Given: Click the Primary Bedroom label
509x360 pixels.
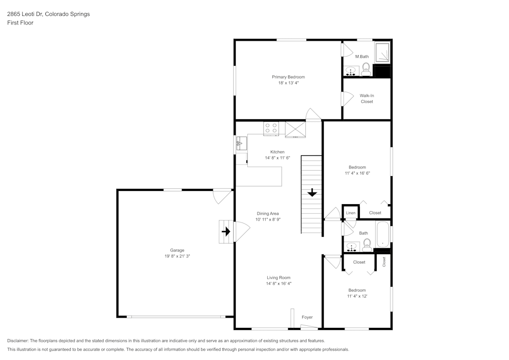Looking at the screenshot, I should tap(288, 77).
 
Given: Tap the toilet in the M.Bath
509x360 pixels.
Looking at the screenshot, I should tap(366, 69).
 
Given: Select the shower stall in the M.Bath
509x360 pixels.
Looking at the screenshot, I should tap(382, 52).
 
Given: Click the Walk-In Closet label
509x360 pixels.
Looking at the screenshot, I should tap(366, 98).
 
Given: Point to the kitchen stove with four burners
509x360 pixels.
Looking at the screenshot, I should tap(271, 128).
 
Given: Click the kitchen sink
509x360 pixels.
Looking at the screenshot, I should tap(241, 145).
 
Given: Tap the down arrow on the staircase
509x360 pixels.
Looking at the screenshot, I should tap(311, 193).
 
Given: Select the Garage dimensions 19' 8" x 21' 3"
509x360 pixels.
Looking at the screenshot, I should tap(177, 256).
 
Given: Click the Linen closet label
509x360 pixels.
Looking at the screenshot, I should tap(350, 213).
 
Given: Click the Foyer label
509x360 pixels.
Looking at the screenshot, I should tap(307, 317).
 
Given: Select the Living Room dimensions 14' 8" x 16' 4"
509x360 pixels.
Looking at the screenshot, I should tap(278, 284).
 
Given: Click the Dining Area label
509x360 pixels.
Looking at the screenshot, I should tap(268, 213).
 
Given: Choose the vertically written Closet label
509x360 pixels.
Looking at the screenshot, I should tap(384, 262).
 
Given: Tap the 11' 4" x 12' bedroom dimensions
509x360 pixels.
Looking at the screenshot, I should tap(357, 296).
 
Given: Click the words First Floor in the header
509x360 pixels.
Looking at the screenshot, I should tap(20, 23).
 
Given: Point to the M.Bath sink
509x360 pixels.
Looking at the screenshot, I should tap(351, 70).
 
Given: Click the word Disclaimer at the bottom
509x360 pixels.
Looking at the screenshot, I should tap(18, 341).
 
